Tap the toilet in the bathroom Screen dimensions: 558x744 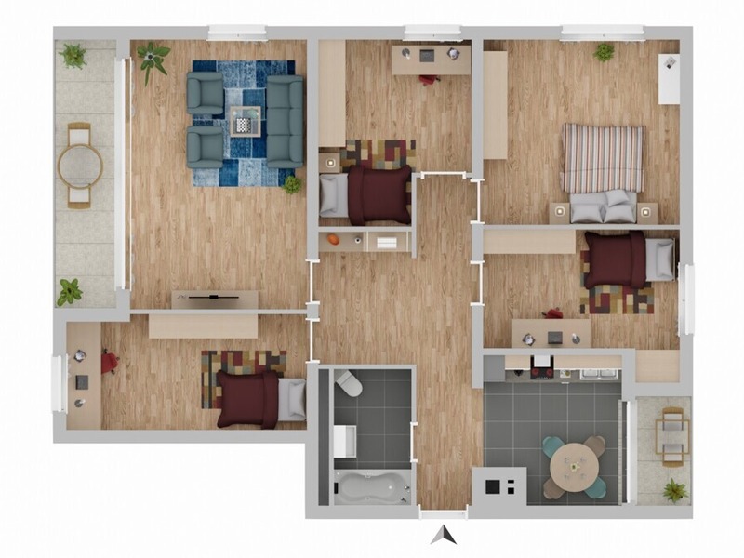pyautogui.click(x=347, y=383)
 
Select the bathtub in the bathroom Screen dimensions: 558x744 pyautogui.click(x=372, y=486)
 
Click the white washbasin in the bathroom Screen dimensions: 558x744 pyautogui.click(x=345, y=441)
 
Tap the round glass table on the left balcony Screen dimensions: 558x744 pyautogui.click(x=80, y=166)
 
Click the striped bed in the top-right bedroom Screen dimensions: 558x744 pyautogui.click(x=603, y=158)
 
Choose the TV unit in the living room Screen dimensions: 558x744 pyautogui.click(x=215, y=299)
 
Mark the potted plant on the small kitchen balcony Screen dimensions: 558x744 pyautogui.click(x=674, y=490)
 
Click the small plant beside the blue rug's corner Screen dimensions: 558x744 pyautogui.click(x=292, y=184)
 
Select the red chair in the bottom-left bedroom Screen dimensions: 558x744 pyautogui.click(x=109, y=361)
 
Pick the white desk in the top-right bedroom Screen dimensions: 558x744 pyautogui.click(x=669, y=79)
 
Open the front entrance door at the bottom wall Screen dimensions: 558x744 pyautogui.click(x=443, y=513)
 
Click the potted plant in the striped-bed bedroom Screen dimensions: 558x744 pyautogui.click(x=604, y=52)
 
